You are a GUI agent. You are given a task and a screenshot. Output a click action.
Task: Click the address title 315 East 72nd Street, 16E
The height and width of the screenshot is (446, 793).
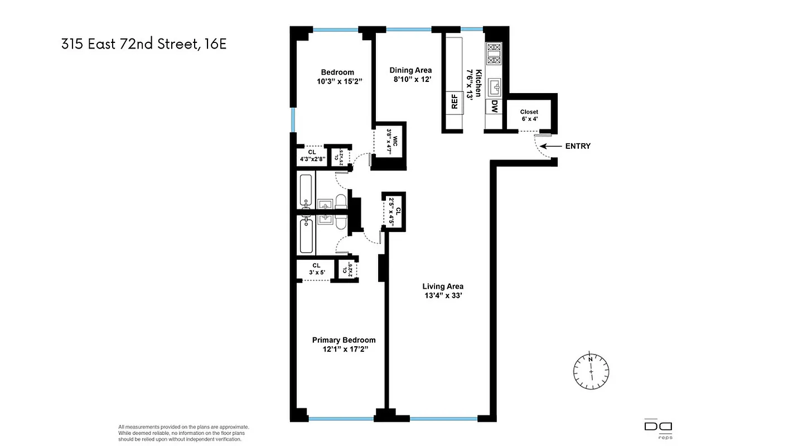click(144, 44)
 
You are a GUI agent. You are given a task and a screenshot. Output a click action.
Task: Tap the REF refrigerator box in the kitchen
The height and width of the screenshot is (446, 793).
click(454, 102)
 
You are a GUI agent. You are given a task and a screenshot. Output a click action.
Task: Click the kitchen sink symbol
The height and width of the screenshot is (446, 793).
click(494, 86)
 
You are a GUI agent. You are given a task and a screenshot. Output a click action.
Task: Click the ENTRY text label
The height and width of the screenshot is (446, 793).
click(578, 146)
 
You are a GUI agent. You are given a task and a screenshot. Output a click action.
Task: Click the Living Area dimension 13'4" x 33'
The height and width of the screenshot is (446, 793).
click(443, 296)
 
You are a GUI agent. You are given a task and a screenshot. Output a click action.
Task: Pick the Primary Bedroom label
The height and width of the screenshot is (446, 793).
click(344, 340)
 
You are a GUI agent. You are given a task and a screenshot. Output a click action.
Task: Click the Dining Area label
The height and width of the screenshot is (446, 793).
click(410, 70)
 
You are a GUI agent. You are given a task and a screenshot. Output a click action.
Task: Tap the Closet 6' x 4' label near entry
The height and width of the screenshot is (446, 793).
click(529, 115)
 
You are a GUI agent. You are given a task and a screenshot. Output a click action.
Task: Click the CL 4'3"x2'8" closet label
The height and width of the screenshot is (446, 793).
click(312, 156)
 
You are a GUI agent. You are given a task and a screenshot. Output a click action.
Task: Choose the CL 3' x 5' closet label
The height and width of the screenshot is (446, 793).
click(316, 269)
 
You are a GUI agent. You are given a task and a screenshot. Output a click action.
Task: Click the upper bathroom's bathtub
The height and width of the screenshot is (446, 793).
click(306, 190)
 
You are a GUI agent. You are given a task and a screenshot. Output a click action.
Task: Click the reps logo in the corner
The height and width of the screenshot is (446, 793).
click(658, 429)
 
